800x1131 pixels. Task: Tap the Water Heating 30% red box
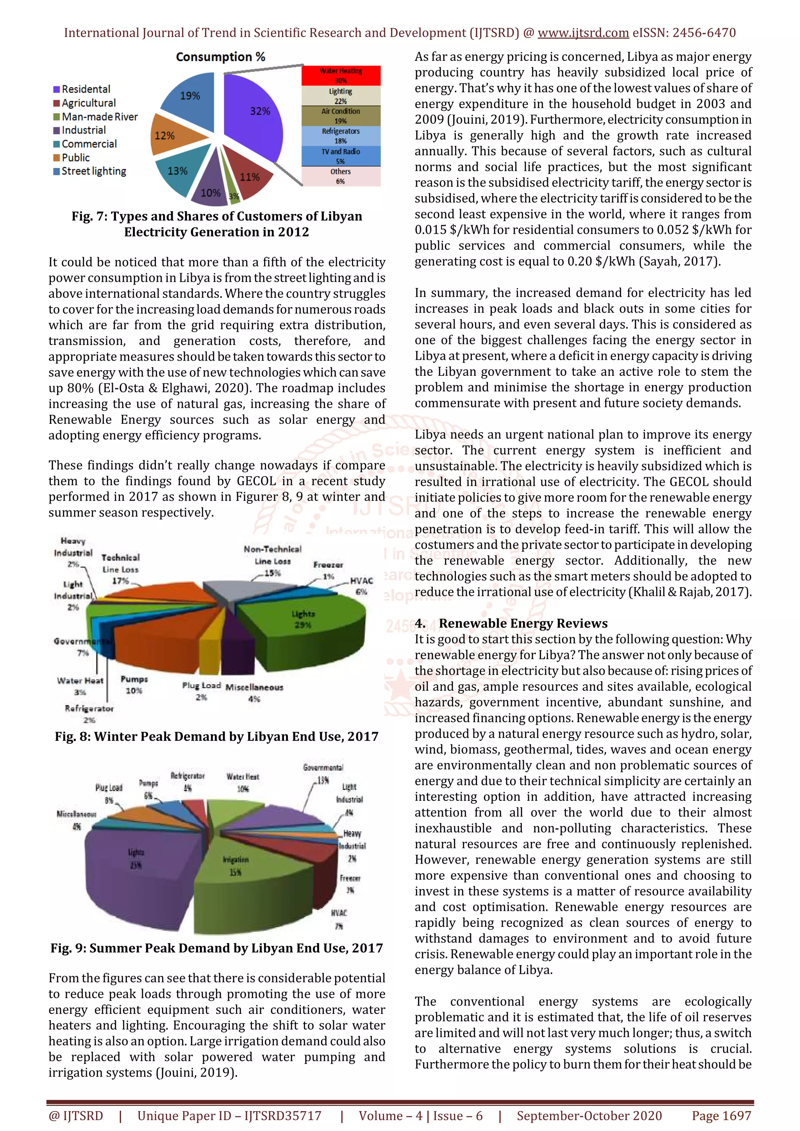[x=341, y=75]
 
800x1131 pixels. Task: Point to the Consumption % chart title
[x=220, y=57]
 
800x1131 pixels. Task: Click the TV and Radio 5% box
[x=341, y=156]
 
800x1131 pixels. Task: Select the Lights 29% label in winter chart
[x=303, y=619]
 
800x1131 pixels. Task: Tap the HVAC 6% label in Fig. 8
[x=361, y=586]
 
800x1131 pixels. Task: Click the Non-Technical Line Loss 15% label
[x=273, y=561]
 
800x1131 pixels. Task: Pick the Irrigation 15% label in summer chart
[x=236, y=866]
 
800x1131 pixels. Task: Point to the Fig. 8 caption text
[x=216, y=736]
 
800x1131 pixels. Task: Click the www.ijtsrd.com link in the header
[x=583, y=33]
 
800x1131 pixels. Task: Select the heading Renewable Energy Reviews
[x=523, y=623]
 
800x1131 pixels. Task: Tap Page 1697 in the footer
[x=721, y=1116]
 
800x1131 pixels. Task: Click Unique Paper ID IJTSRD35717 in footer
[x=229, y=1116]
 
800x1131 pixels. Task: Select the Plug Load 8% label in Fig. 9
[x=109, y=793]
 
